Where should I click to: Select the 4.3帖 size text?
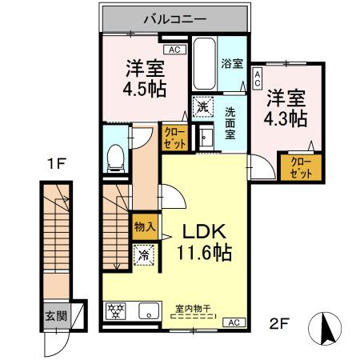point(286,118)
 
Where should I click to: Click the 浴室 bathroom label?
point(232,63)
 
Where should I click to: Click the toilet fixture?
point(114,157)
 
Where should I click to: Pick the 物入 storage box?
point(144,227)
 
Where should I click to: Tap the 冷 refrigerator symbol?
point(144,256)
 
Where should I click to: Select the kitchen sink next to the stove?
point(150,311)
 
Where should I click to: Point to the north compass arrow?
point(326,328)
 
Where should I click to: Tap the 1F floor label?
point(54,166)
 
